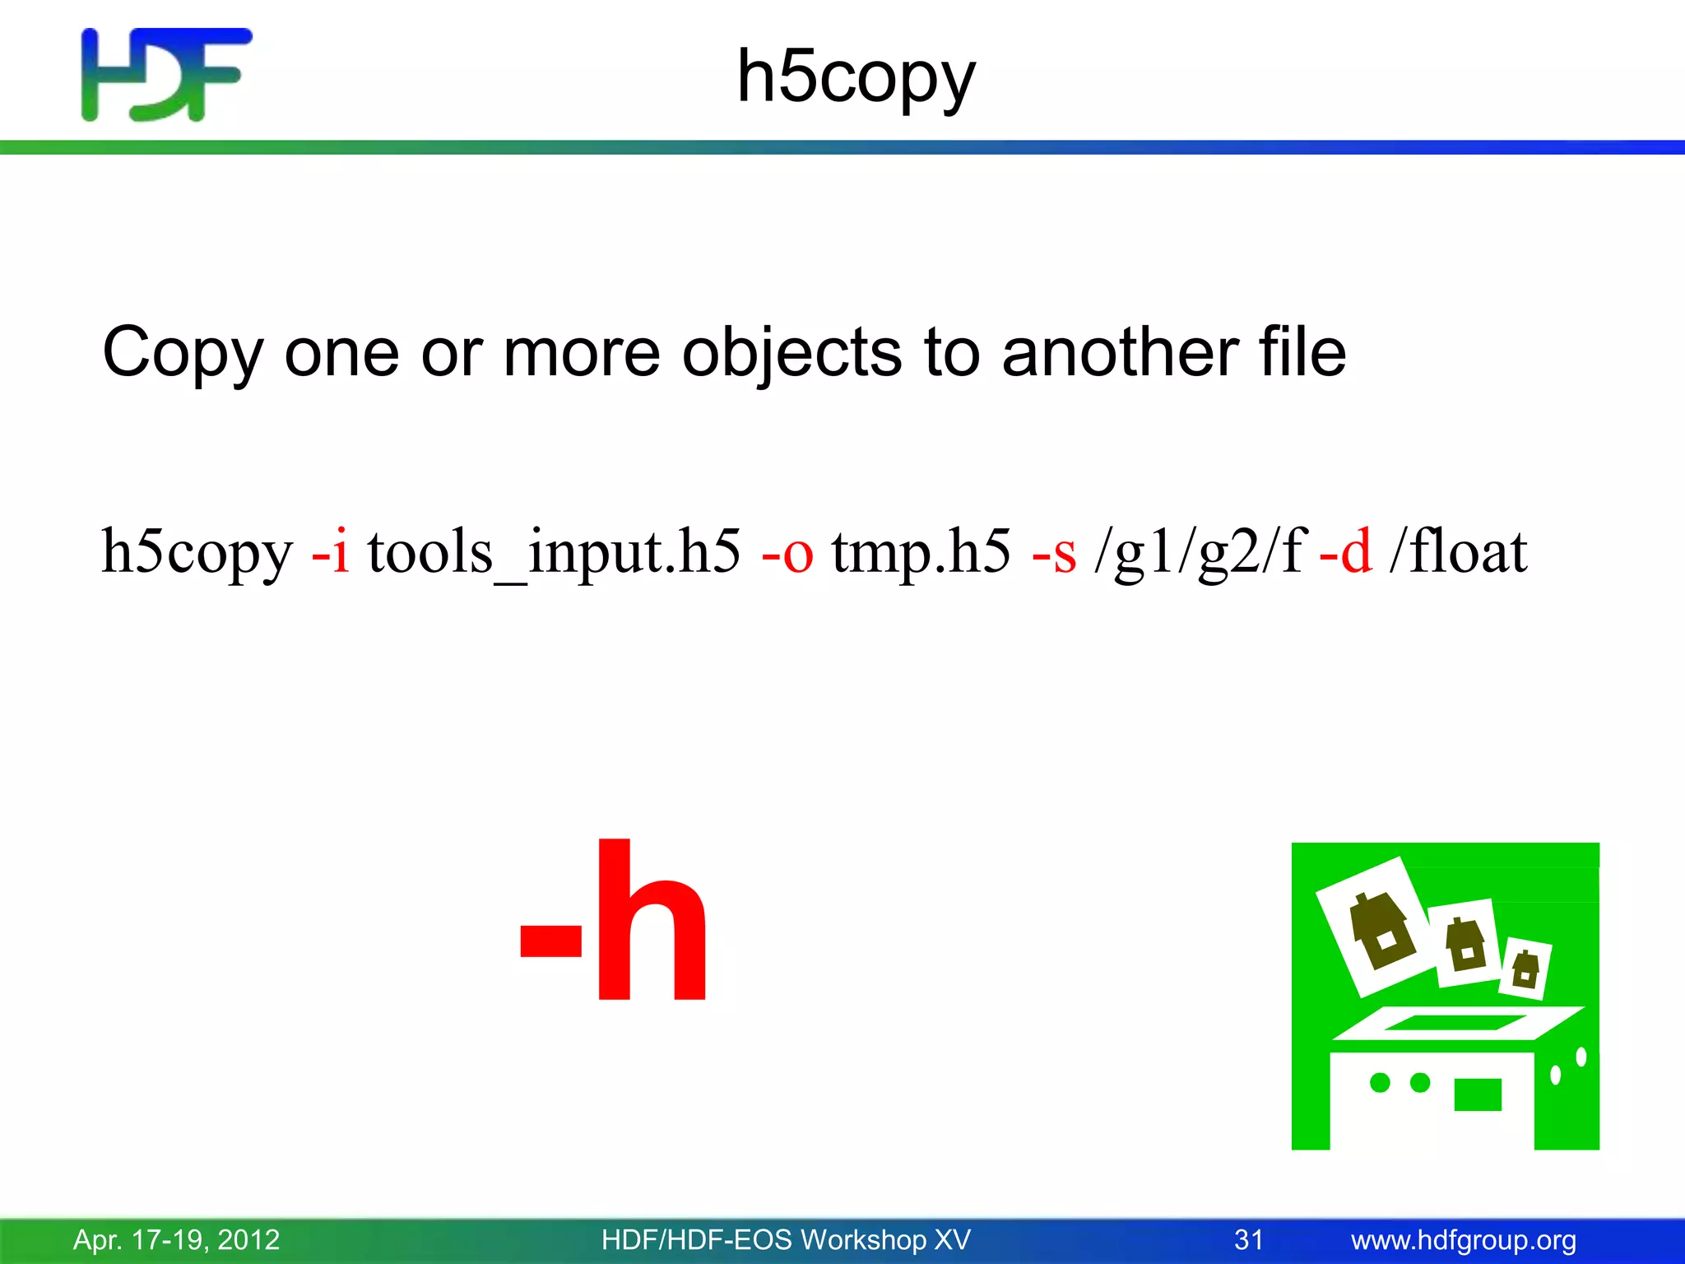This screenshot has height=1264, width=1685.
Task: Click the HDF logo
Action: (165, 74)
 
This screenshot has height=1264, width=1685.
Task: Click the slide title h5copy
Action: (856, 77)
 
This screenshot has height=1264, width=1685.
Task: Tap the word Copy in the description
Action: (182, 353)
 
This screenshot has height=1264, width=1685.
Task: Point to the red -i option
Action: (330, 551)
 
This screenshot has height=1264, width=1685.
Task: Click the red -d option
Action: (1345, 551)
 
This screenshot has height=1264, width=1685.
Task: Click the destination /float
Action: (1458, 551)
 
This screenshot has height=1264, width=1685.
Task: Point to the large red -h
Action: (614, 922)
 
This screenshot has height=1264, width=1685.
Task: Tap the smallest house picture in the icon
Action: (1525, 968)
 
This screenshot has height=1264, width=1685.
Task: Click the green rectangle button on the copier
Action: (1478, 1094)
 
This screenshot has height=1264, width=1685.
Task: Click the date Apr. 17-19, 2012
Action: (176, 1239)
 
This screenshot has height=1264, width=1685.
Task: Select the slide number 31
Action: (1248, 1239)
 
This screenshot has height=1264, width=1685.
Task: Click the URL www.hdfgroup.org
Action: (1463, 1239)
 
